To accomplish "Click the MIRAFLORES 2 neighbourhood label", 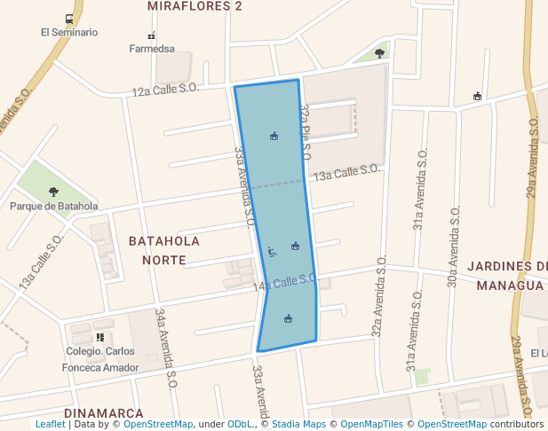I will [x=195, y=6].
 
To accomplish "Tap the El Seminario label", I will [x=68, y=33].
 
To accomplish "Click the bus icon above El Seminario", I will [x=69, y=19].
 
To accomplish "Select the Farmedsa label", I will [x=151, y=49].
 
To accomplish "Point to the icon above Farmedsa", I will [x=151, y=35].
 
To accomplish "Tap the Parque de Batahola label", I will [x=53, y=207].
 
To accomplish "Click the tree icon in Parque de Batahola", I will [x=53, y=192].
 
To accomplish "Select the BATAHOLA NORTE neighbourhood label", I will [x=164, y=250].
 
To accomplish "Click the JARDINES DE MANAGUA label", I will [x=509, y=275].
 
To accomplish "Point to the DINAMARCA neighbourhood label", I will [x=104, y=413].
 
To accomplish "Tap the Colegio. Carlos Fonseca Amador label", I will [x=100, y=359].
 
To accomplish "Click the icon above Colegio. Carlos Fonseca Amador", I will [x=100, y=337].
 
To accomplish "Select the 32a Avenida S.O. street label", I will [x=378, y=297].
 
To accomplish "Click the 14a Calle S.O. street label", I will [x=284, y=283].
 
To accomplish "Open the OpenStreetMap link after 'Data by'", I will [x=158, y=424].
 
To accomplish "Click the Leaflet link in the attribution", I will [x=51, y=424].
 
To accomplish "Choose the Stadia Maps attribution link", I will [x=298, y=424].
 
